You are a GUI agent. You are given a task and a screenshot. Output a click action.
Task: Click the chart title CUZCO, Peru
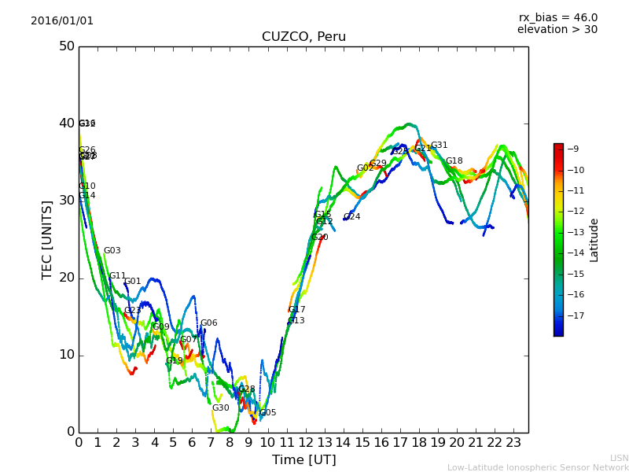[303, 37]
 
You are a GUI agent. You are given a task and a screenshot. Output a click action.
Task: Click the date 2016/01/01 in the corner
[62, 21]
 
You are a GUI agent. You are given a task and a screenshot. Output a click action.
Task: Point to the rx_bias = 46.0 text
[557, 17]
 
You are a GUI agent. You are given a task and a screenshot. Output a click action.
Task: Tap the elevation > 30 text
[557, 30]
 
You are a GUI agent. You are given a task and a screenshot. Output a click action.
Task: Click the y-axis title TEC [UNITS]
[47, 239]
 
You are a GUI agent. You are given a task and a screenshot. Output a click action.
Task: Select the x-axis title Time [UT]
[303, 459]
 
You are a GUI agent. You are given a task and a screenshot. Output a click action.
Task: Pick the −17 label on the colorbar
[574, 316]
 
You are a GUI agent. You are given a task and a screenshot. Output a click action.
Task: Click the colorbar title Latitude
[594, 240]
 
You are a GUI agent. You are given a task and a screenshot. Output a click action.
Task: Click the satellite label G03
[112, 251]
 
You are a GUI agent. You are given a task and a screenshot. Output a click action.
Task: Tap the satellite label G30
[220, 408]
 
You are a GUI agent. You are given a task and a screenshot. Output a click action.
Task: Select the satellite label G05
[267, 413]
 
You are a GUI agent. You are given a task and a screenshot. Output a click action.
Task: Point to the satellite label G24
[351, 217]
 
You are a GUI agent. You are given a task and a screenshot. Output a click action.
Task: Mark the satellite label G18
[454, 161]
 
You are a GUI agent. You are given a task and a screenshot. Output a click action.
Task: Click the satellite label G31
[439, 146]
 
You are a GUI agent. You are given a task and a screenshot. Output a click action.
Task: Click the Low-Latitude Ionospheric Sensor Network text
[538, 467]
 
